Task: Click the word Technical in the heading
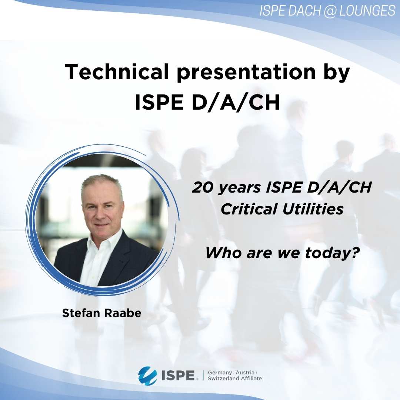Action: tap(117, 72)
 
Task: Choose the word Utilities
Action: tap(313, 209)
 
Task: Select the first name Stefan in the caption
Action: tap(81, 313)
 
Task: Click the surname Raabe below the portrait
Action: tap(123, 313)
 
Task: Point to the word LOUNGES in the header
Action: tap(367, 11)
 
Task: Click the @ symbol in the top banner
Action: tap(330, 11)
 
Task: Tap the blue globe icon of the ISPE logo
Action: tap(147, 375)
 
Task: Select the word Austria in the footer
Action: tap(245, 373)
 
